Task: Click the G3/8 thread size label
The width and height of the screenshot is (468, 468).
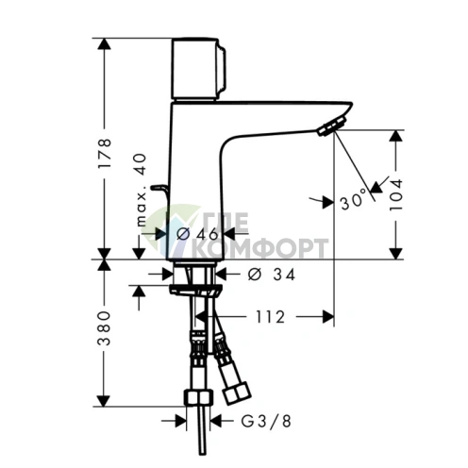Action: point(256,422)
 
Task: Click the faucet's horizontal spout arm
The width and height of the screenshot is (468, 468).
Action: point(274,118)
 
